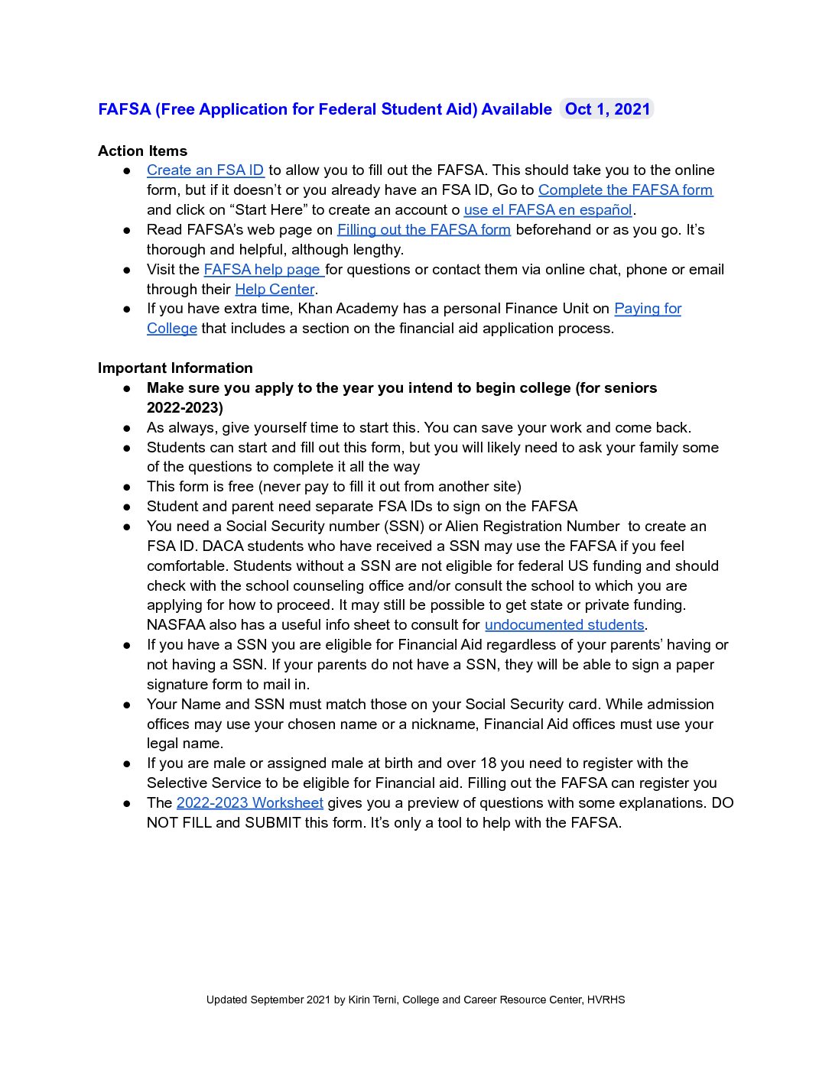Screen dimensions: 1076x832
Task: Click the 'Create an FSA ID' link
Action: click(x=205, y=170)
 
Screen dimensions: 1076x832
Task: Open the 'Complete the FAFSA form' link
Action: click(x=625, y=190)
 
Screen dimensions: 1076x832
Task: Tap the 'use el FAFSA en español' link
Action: click(x=548, y=210)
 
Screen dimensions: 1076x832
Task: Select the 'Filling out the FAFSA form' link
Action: click(x=424, y=230)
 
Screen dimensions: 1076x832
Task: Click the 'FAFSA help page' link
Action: click(x=262, y=270)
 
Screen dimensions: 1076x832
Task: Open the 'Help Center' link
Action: click(x=275, y=290)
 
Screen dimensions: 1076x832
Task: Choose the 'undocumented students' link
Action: click(x=564, y=625)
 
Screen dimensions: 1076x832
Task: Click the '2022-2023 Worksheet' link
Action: click(x=249, y=803)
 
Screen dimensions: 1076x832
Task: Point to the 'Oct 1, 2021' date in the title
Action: click(x=607, y=109)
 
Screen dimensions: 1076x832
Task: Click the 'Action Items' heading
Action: click(x=142, y=151)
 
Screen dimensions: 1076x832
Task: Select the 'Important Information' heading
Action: click(x=175, y=368)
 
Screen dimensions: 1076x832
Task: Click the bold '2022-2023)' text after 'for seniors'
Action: click(x=185, y=408)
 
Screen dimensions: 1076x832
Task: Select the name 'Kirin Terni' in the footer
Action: click(x=372, y=1000)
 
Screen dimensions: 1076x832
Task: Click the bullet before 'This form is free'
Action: click(x=127, y=487)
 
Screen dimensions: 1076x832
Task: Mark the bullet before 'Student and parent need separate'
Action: click(x=127, y=507)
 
